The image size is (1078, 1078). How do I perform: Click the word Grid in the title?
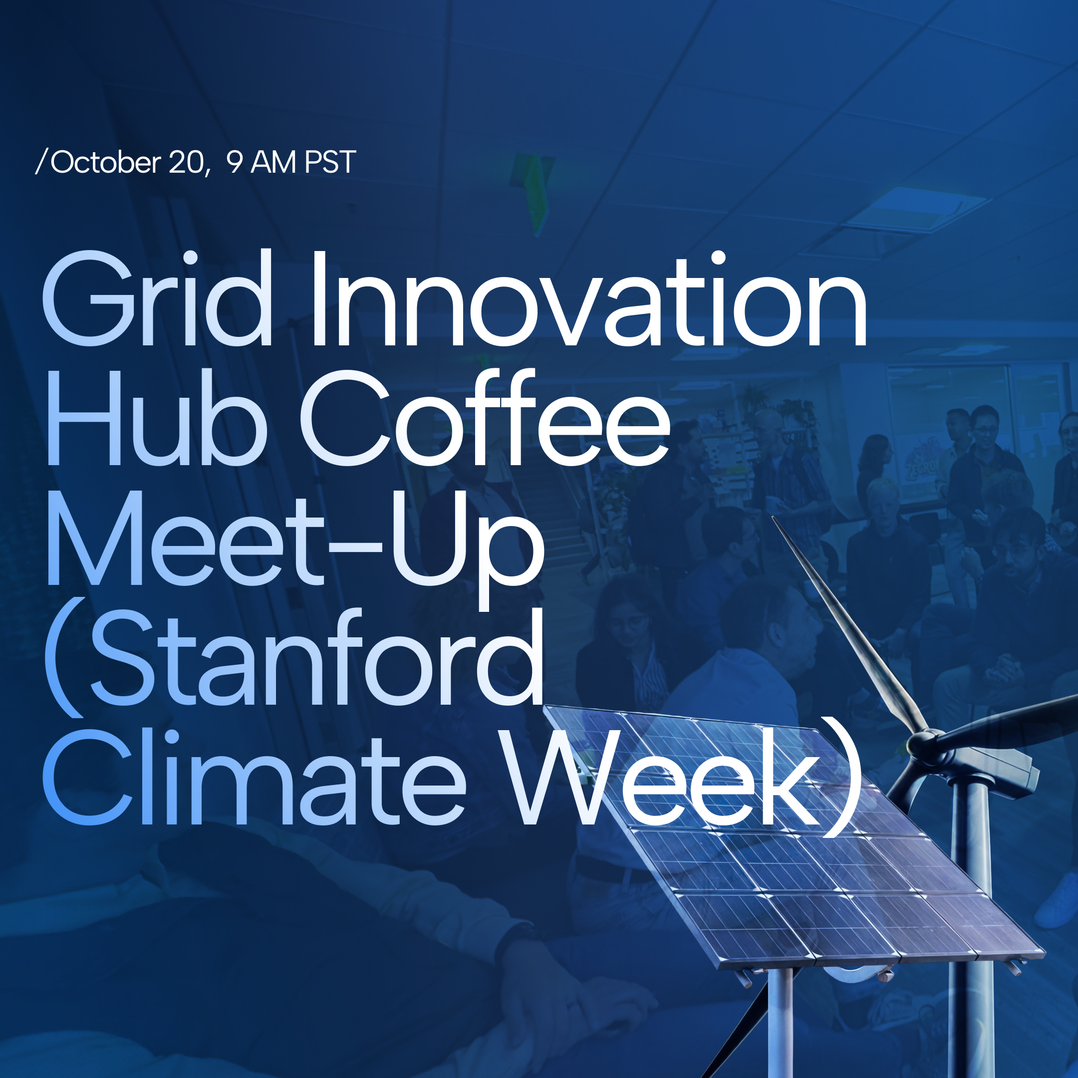pyautogui.click(x=157, y=297)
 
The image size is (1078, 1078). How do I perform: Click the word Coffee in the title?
pyautogui.click(x=486, y=417)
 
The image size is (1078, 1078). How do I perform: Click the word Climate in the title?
pyautogui.click(x=255, y=777)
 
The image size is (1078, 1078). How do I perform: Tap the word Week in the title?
pyautogui.click(x=662, y=777)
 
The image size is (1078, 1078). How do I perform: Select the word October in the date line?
pyautogui.click(x=105, y=162)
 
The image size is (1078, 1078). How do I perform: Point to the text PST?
pyautogui.click(x=330, y=162)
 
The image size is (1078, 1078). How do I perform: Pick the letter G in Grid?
pyautogui.click(x=89, y=298)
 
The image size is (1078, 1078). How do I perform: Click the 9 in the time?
pyautogui.click(x=235, y=162)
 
